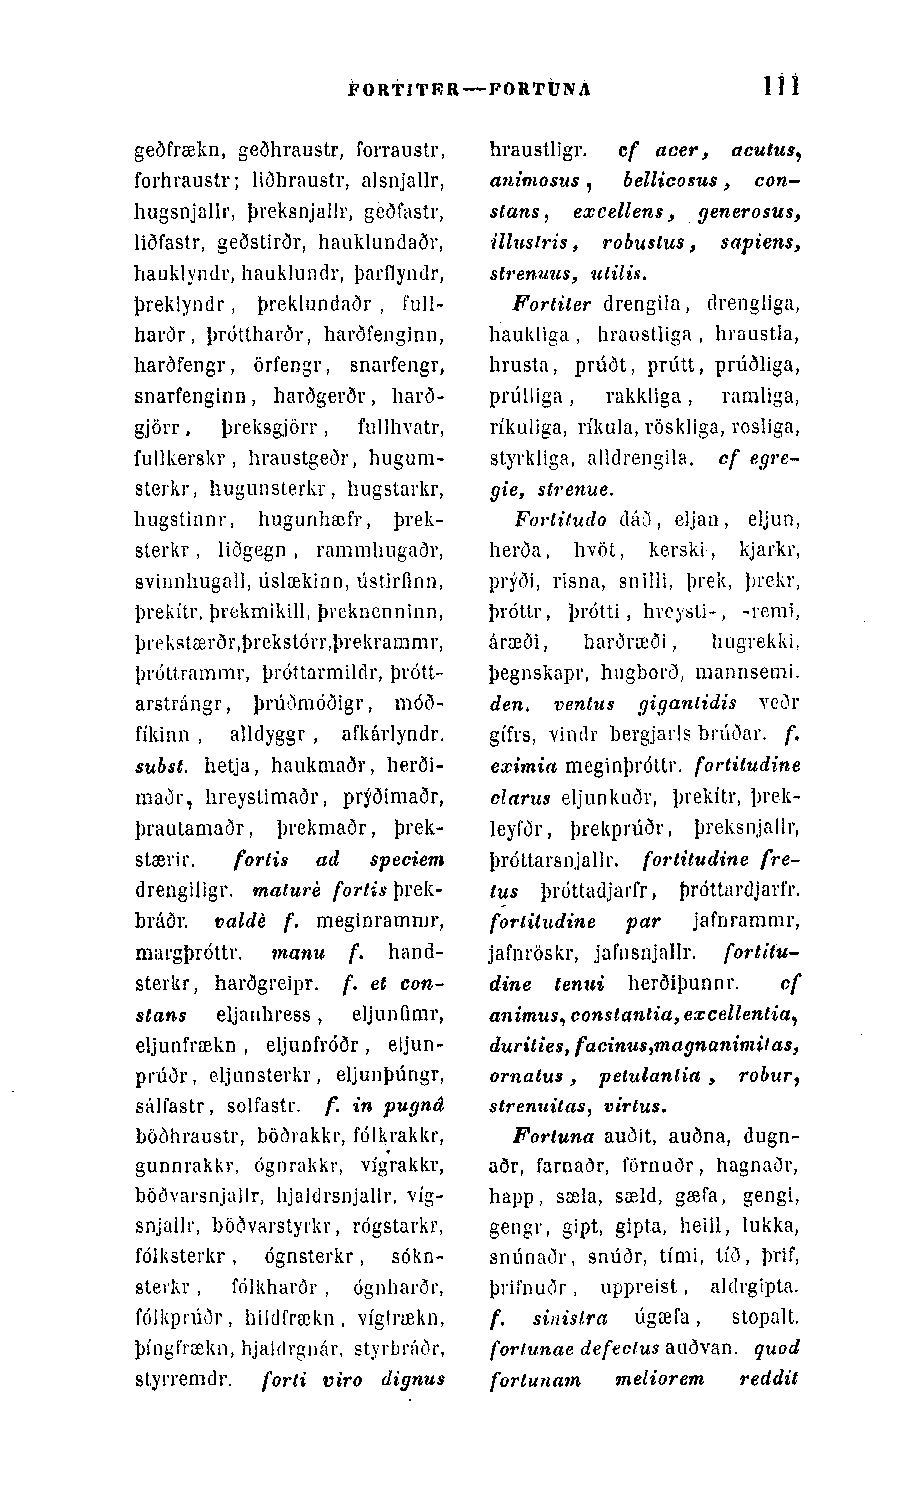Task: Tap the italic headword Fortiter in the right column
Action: (552, 304)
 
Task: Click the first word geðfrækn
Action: (179, 150)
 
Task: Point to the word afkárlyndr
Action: (393, 735)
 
